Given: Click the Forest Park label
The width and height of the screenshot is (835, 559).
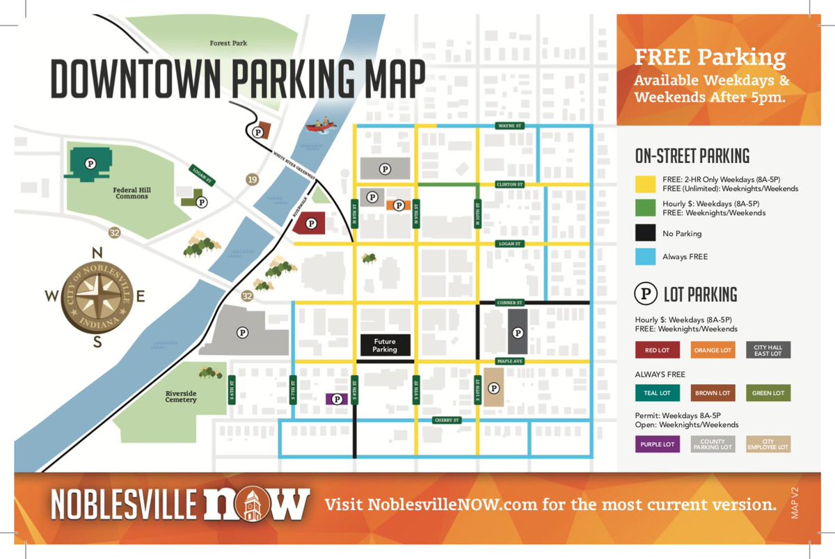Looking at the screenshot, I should pyautogui.click(x=228, y=43).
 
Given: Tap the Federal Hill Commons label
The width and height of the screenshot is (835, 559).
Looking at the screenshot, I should pyautogui.click(x=132, y=193).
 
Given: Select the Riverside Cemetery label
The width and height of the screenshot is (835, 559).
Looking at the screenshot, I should pyautogui.click(x=181, y=396).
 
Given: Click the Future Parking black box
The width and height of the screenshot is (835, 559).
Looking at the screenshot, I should pyautogui.click(x=385, y=345).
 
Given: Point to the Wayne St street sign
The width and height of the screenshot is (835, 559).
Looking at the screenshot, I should pyautogui.click(x=509, y=126).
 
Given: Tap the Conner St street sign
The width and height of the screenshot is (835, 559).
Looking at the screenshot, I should pyautogui.click(x=509, y=303).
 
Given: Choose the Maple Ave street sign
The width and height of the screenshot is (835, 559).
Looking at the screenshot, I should pyautogui.click(x=509, y=361).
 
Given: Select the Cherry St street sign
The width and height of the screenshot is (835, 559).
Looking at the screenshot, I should pyautogui.click(x=446, y=420).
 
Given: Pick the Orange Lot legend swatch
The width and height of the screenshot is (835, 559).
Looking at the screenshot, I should pyautogui.click(x=713, y=350).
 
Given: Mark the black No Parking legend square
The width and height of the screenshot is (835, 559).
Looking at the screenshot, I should pyautogui.click(x=645, y=234).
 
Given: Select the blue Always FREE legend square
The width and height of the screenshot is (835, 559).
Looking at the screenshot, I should pyautogui.click(x=645, y=257).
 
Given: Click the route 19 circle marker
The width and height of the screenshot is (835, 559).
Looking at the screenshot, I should pyautogui.click(x=252, y=180).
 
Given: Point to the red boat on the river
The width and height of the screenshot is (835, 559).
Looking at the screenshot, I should pyautogui.click(x=319, y=125).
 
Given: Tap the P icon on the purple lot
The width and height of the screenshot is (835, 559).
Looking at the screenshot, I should pyautogui.click(x=337, y=399).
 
